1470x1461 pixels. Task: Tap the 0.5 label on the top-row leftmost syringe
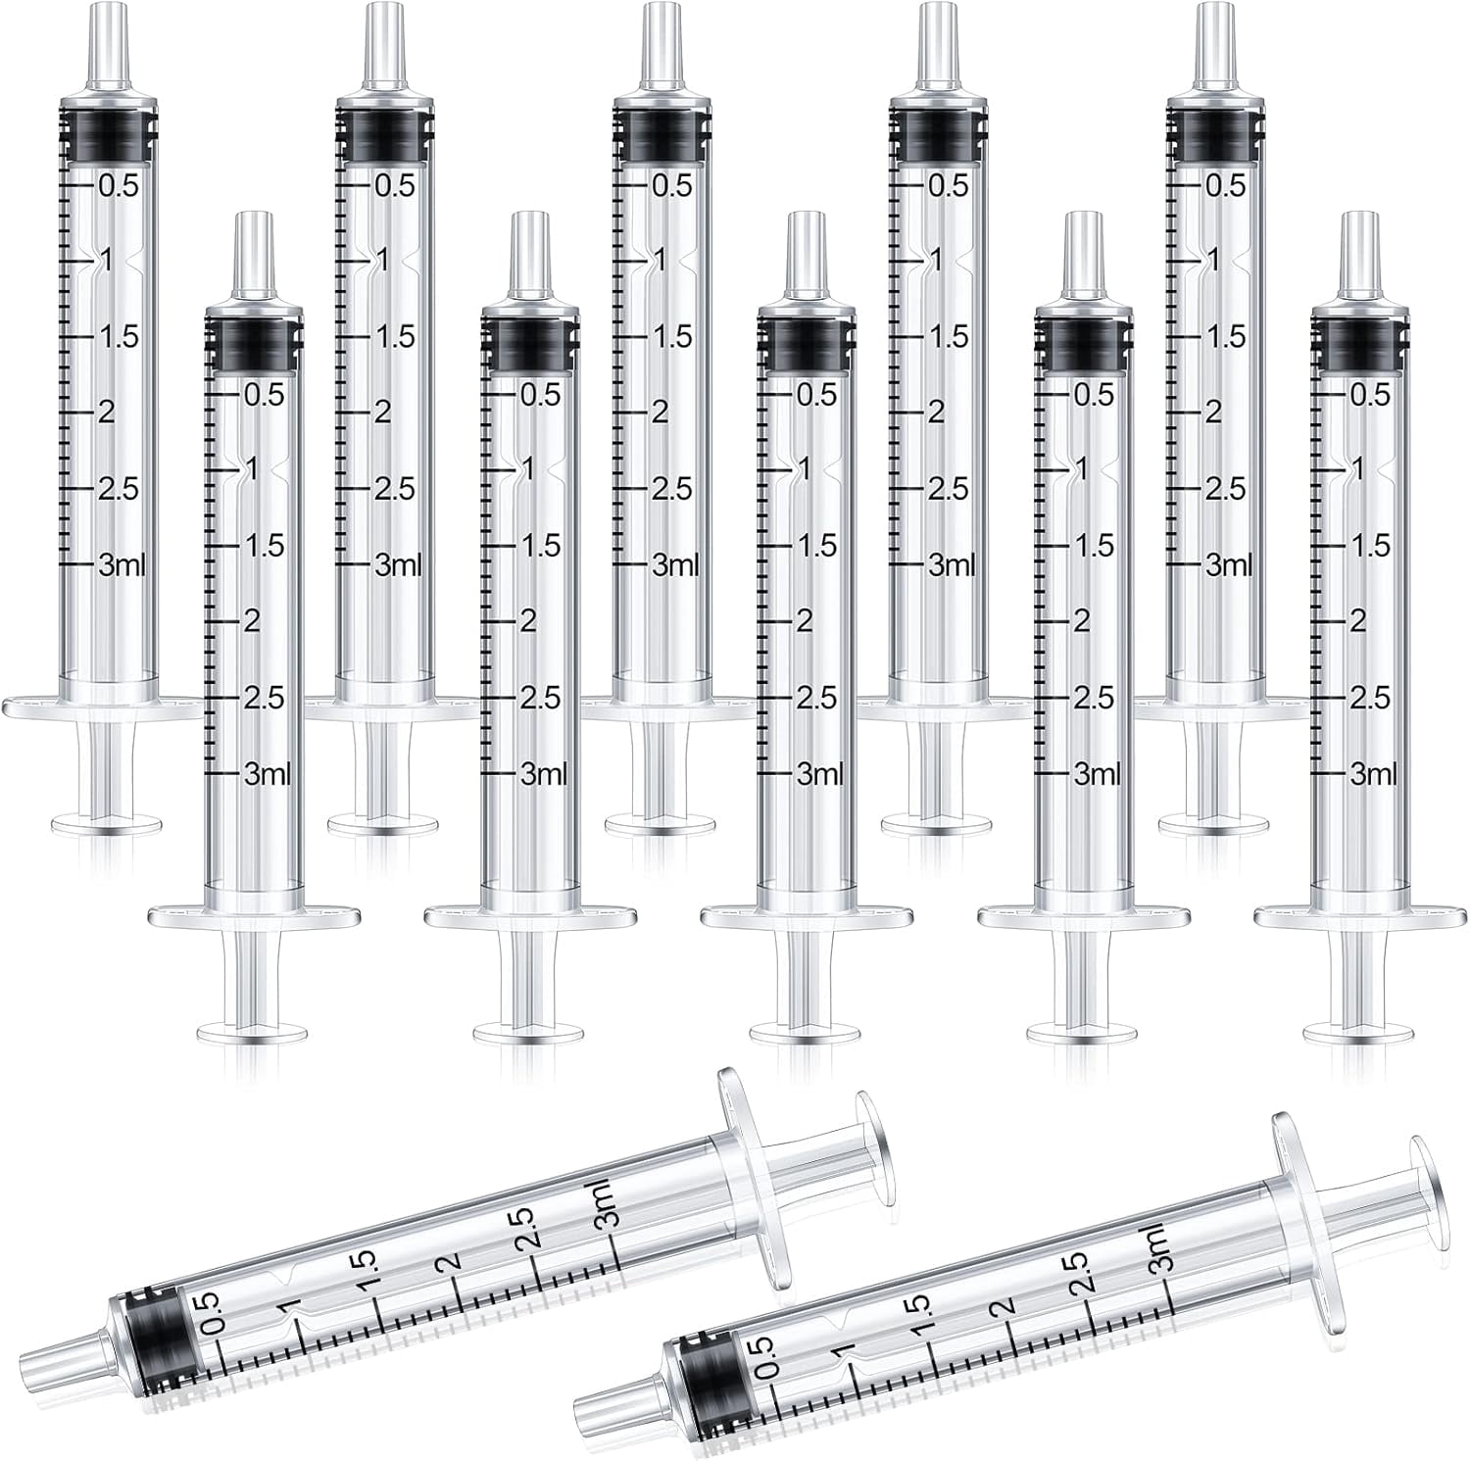click(120, 185)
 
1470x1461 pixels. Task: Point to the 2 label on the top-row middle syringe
click(660, 413)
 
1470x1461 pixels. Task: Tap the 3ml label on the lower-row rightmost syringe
click(1373, 774)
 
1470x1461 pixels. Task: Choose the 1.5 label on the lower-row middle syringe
click(817, 546)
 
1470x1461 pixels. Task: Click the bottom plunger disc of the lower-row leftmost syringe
click(253, 1030)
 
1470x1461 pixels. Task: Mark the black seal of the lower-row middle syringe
click(807, 340)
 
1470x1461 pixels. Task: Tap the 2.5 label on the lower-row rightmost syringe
click(1370, 698)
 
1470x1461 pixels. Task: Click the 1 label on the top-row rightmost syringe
click(1213, 261)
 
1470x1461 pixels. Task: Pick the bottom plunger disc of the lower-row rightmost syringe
click(1358, 1030)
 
